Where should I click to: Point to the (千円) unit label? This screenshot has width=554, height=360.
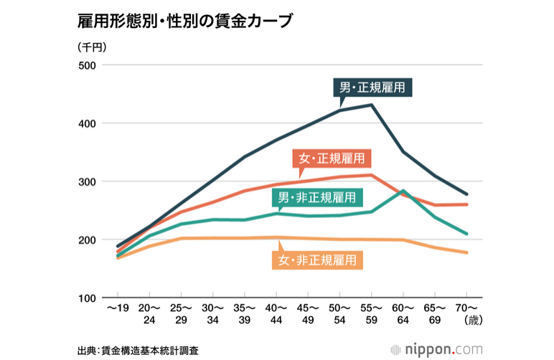[x=91, y=47]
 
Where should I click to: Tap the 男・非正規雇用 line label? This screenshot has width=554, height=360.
[x=316, y=197]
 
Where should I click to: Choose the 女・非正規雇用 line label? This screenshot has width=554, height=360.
[x=317, y=258]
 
